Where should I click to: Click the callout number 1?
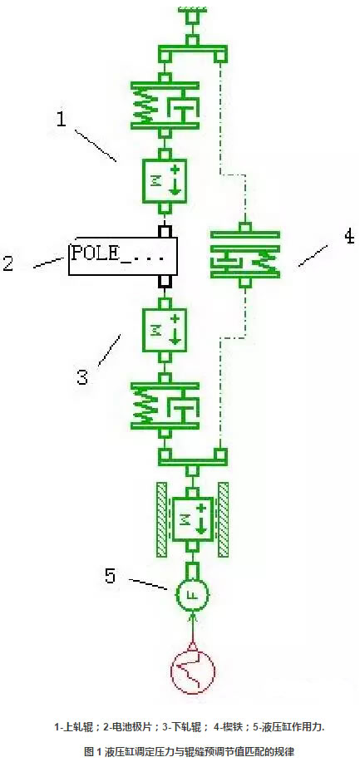coord(61,118)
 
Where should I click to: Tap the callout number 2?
coord(8,263)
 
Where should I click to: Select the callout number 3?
coord(82,376)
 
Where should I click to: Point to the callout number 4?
coord(348,237)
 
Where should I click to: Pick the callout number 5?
coord(110,576)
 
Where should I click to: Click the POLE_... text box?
coord(122,256)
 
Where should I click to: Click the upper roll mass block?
coord(165,181)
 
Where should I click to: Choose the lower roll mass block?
coord(165,331)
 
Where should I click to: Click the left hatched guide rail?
coord(161,519)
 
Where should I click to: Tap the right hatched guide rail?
coord(224,519)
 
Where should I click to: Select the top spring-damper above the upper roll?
coord(165,105)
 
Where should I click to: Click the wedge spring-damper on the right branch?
coord(246,254)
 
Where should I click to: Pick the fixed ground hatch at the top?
coord(193,8)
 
